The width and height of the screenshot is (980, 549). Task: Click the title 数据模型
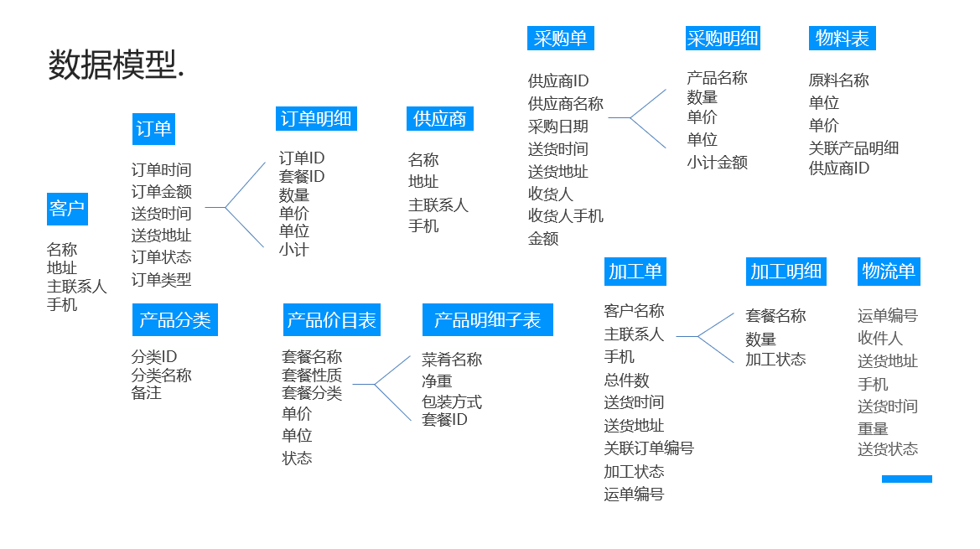tap(116, 65)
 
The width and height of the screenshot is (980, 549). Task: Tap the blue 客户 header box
tap(67, 209)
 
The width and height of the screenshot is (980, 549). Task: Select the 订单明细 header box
tap(316, 119)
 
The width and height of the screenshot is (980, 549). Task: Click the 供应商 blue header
tap(440, 119)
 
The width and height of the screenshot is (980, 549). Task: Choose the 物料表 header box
tap(843, 39)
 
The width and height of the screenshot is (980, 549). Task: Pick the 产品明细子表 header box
tap(487, 320)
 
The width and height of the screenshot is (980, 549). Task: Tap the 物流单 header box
tap(889, 272)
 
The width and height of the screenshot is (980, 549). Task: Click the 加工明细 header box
tap(786, 272)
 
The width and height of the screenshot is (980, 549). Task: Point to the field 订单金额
tap(161, 192)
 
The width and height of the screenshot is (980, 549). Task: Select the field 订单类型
tap(161, 280)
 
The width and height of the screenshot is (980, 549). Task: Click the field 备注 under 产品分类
tap(146, 392)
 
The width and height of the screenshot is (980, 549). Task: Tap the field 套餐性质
tap(312, 375)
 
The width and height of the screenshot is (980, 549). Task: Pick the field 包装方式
tap(452, 401)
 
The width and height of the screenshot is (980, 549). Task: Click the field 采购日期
tap(558, 127)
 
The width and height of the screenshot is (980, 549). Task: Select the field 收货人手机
tap(566, 216)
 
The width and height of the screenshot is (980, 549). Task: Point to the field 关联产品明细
tap(853, 148)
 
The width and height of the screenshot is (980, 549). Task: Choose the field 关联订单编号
tap(649, 448)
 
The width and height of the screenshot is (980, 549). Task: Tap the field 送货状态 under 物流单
tap(888, 449)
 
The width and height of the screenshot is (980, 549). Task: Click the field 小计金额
tap(718, 163)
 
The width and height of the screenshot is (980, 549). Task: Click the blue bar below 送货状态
tap(906, 479)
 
